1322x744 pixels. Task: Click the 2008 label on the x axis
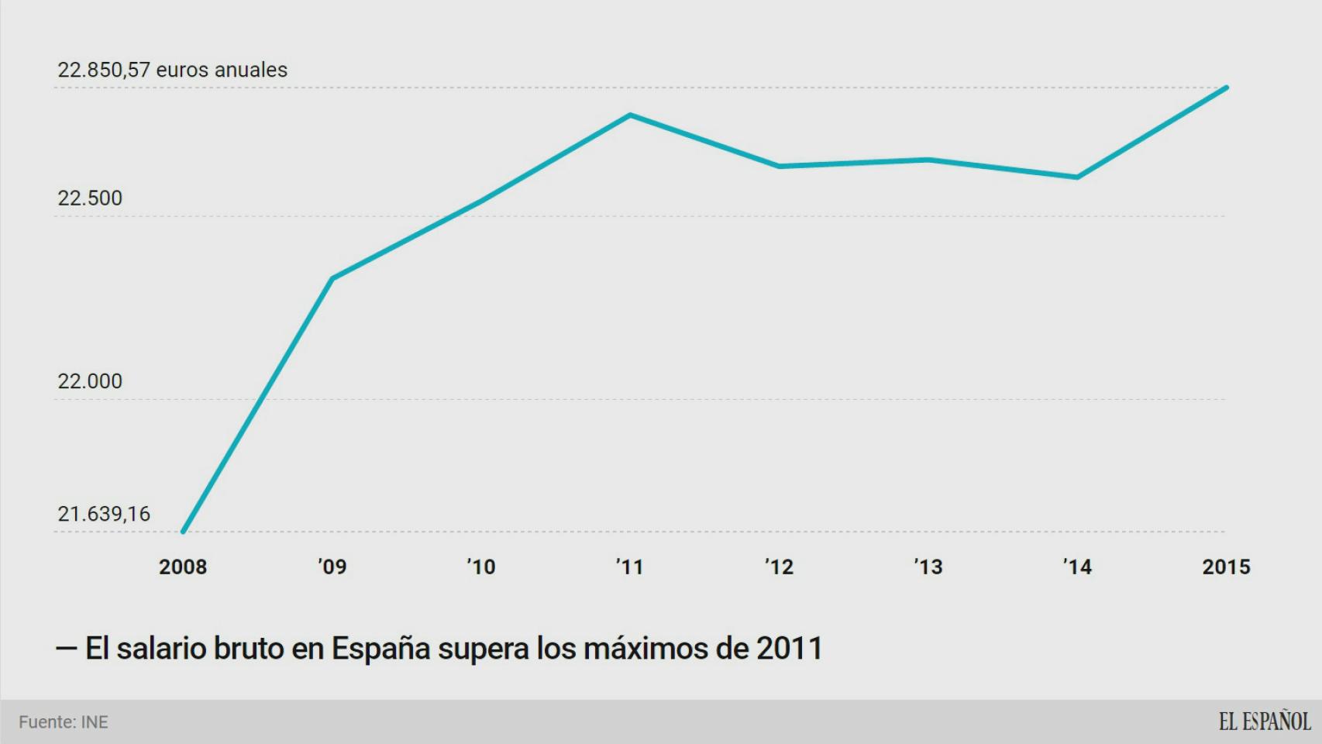[183, 567]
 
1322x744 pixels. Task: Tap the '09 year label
[332, 567]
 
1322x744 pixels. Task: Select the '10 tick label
[481, 567]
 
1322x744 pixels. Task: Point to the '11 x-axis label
[630, 567]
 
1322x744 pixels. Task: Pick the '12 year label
[780, 567]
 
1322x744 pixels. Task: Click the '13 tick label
[928, 567]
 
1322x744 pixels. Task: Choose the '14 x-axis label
[1077, 567]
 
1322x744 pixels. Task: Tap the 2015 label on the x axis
[1226, 567]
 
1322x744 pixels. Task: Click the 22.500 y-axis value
[90, 198]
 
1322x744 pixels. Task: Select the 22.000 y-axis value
[90, 381]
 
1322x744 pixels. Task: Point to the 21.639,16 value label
[104, 514]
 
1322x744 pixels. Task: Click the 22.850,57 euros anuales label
[172, 70]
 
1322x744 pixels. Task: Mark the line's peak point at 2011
[630, 115]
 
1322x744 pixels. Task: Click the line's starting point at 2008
[183, 532]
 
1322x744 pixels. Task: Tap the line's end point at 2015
[1226, 88]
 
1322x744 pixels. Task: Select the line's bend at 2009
[332, 278]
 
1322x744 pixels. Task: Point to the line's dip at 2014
[1077, 177]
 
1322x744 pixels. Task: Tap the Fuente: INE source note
[64, 722]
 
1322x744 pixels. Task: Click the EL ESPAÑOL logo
[1264, 722]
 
